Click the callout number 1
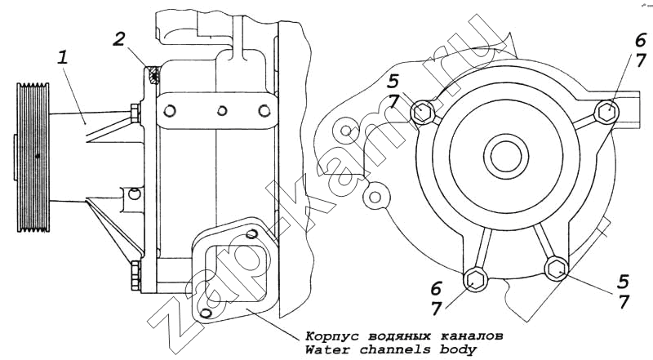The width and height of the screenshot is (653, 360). coord(64,59)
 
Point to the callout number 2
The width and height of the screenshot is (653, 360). coord(119,39)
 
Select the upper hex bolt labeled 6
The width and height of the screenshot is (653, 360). coord(606,111)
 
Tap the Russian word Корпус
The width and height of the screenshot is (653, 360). coord(329,336)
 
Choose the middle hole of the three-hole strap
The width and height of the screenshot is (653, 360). coord(220,111)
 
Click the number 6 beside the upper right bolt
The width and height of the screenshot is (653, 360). coord(642,40)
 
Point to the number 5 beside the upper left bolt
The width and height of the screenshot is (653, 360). coord(393,81)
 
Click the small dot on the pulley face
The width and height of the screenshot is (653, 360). coord(38,155)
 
